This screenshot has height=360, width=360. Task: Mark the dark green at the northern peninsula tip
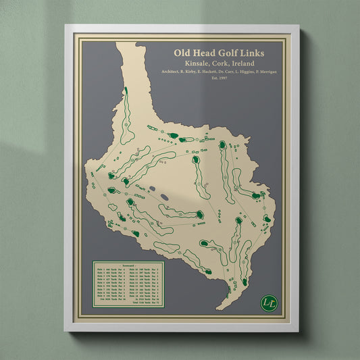tap(125, 90)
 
